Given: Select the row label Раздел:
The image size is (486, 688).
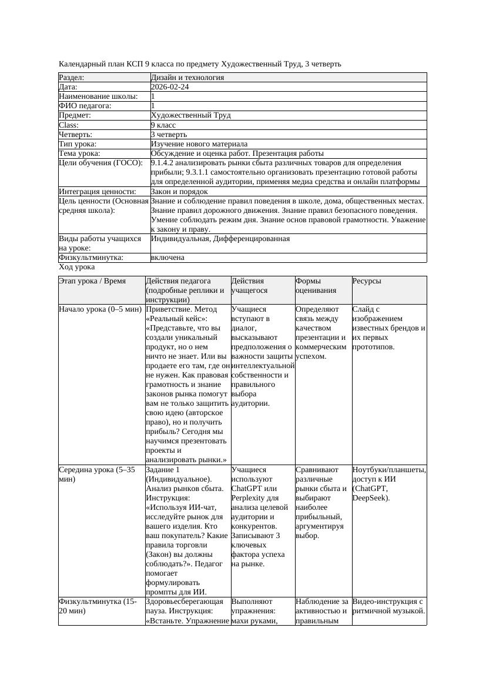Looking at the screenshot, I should click(x=72, y=78).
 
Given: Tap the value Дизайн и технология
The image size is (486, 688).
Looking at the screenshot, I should click(x=187, y=78).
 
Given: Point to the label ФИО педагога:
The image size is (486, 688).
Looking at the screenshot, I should click(x=85, y=106).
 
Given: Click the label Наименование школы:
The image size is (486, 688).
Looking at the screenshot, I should click(x=98, y=96).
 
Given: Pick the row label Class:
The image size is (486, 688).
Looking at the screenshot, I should click(x=69, y=125).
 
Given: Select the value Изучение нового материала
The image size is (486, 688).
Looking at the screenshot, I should click(x=199, y=144).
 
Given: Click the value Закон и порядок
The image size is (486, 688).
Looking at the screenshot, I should click(x=179, y=192).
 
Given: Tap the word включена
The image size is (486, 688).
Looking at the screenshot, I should click(x=167, y=258).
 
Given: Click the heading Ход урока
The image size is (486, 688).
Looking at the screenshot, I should click(x=76, y=267).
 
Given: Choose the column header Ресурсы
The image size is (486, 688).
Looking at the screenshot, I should click(x=367, y=281).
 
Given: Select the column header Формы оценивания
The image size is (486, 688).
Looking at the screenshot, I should click(x=317, y=286).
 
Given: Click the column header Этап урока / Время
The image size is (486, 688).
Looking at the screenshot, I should click(x=92, y=281).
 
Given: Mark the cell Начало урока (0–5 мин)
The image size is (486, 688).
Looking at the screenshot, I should click(x=100, y=309).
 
